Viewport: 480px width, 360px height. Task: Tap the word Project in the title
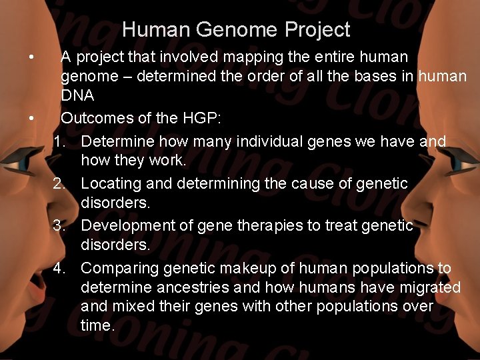click(x=317, y=30)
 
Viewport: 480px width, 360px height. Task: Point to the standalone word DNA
click(x=78, y=96)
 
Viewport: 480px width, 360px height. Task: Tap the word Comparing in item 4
click(x=119, y=268)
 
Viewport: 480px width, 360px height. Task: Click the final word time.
click(x=97, y=326)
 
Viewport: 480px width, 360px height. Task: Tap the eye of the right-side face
click(x=460, y=161)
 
